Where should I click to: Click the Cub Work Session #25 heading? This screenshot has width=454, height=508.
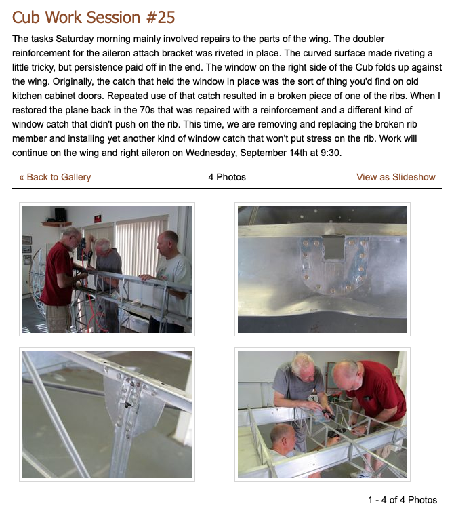pos(94,17)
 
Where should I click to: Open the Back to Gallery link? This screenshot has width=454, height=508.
pos(55,177)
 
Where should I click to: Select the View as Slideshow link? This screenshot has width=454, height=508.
pos(396,177)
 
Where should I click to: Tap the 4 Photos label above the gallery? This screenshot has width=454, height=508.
pos(227,177)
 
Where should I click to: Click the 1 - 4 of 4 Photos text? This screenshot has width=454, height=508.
pos(403,500)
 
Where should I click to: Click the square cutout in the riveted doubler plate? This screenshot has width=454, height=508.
pos(333,247)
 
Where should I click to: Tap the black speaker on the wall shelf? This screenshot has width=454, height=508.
pos(60,214)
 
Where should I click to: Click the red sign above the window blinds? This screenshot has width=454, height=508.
pos(98,218)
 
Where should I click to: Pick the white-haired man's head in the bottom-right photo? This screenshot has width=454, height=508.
pos(303,368)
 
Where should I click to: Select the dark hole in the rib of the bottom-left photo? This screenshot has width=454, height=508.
pos(128,404)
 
